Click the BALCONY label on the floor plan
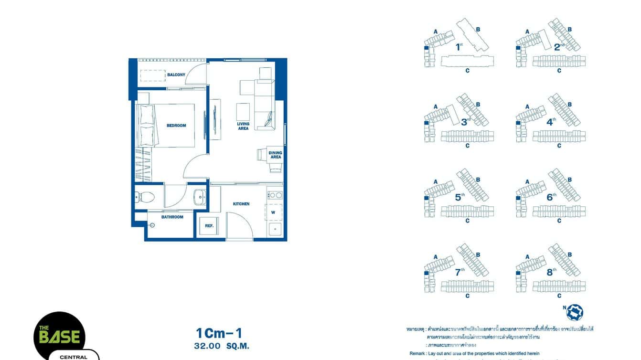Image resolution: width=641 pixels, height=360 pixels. (176, 75)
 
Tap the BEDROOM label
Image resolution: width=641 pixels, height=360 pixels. (176, 126)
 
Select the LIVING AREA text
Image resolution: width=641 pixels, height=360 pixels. (243, 126)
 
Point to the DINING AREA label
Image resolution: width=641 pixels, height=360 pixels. (276, 155)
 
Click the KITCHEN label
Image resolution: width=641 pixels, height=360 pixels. (241, 204)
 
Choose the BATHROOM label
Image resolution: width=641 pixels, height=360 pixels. (172, 217)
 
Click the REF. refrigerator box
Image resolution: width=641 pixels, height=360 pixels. (209, 225)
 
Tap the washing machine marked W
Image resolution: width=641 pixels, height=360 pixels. (273, 212)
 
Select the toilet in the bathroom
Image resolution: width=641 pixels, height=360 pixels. (145, 196)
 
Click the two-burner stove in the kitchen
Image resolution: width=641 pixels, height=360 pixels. (275, 195)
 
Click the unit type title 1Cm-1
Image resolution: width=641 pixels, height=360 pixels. (222, 333)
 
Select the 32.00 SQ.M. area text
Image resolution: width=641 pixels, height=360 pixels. (222, 346)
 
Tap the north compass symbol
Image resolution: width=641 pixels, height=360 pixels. (575, 312)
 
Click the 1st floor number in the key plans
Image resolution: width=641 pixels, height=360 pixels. (459, 47)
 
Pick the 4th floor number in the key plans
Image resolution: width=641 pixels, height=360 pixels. (551, 121)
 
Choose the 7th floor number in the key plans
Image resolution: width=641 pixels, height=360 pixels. (459, 272)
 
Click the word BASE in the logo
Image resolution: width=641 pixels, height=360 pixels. (60, 337)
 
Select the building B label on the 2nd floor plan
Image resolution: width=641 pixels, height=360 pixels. (570, 29)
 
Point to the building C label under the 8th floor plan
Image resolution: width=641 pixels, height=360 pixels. (559, 296)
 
